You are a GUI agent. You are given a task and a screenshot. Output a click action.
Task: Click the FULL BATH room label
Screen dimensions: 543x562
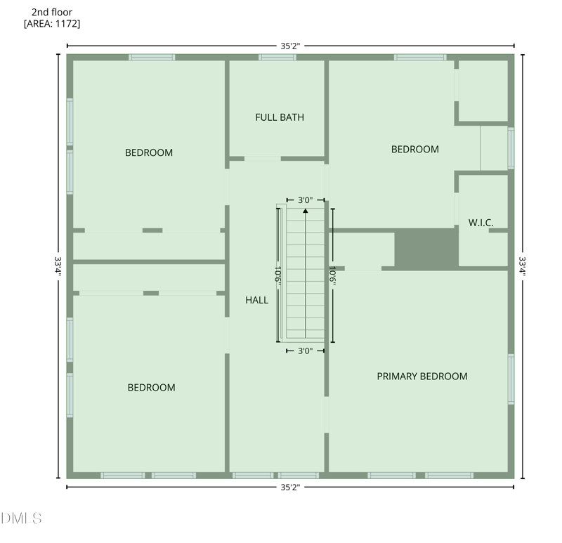[x=280, y=117]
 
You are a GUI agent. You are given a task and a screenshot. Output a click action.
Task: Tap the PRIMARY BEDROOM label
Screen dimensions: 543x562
[x=421, y=377]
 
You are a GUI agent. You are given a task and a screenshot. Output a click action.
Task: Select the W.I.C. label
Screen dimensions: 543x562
[x=481, y=223]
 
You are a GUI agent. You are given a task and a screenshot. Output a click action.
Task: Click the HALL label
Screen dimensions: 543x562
[x=256, y=300]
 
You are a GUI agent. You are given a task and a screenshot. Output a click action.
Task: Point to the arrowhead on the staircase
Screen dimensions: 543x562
[x=305, y=209]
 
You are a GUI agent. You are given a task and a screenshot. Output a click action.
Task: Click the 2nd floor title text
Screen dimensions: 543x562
[x=52, y=12]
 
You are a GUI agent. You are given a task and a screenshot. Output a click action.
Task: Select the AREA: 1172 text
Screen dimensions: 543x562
[x=52, y=24]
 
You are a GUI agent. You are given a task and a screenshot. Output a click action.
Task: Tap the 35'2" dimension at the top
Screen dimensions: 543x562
[x=290, y=46]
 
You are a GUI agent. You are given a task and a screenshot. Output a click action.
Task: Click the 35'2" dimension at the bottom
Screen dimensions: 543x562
[x=290, y=487]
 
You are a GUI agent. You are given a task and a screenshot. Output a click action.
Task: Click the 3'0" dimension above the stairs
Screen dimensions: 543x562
[x=305, y=200]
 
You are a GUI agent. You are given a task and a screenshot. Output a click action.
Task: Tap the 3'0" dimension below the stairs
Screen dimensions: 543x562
[x=305, y=351]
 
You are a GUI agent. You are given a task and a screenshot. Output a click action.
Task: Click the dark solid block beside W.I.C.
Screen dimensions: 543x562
[x=426, y=247]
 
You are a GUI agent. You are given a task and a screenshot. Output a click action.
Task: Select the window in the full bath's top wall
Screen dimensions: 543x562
[x=277, y=57]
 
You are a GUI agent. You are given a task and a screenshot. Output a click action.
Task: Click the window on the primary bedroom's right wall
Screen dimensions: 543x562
[x=511, y=379]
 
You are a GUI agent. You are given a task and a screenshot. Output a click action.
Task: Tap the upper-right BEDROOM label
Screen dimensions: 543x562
[x=414, y=149]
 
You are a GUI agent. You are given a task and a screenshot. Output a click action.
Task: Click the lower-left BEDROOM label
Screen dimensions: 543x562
[x=151, y=388]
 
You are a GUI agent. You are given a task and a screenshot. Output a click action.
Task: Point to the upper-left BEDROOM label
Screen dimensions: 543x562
[x=149, y=152]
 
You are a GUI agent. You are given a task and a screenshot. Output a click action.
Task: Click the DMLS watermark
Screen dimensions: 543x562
[x=22, y=519]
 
